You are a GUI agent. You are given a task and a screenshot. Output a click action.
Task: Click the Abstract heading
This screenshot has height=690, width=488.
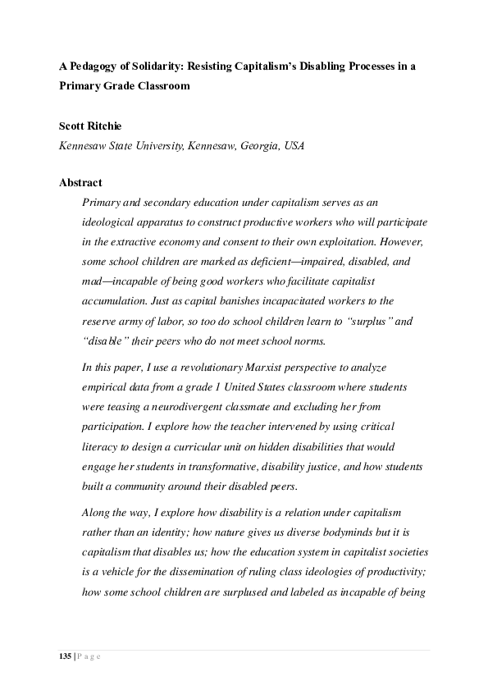point(80,183)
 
